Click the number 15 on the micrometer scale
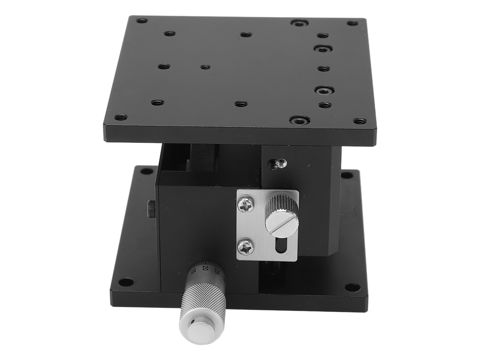[x=193, y=271]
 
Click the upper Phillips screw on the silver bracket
[x=246, y=204]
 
